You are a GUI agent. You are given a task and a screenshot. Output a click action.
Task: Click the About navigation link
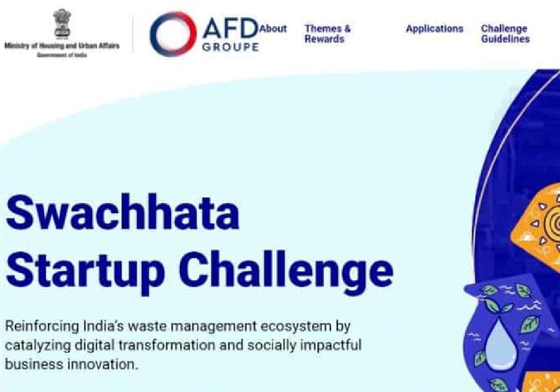coord(273,29)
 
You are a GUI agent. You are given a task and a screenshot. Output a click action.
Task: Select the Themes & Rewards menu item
coord(328,34)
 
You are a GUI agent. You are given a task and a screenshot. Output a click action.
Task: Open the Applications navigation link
coord(435,29)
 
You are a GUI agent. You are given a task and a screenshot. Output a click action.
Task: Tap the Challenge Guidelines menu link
coord(505,34)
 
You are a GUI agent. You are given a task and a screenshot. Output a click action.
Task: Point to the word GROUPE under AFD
coord(230,47)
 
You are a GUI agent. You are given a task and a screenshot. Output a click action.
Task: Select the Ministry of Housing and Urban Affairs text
coord(62,46)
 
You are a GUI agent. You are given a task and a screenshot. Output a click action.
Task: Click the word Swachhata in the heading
coord(122,212)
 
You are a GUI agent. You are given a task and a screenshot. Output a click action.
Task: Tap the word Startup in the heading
coord(85,270)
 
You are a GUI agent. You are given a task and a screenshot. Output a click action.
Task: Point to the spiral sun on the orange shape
coord(553,225)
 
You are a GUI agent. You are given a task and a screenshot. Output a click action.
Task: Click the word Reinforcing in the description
coord(42,326)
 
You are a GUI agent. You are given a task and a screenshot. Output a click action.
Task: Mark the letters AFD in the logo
coord(230,29)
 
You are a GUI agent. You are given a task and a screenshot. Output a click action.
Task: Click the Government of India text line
coord(62,55)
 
